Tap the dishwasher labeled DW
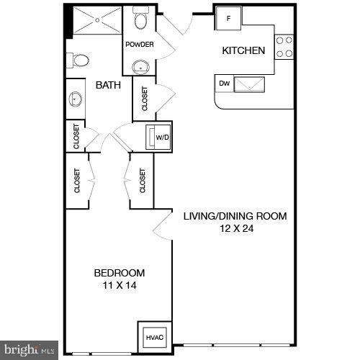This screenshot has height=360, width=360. click(225, 83)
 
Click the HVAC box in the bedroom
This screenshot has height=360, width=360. click(155, 336)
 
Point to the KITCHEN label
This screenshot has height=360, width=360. click(243, 51)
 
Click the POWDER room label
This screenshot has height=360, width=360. click(139, 45)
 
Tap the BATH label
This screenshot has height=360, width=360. click(109, 86)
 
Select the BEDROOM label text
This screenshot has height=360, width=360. click(120, 273)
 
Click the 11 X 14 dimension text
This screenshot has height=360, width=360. click(120, 286)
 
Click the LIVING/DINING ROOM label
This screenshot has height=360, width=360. click(235, 216)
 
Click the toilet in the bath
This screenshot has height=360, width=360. click(81, 60)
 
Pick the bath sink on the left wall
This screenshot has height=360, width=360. click(75, 98)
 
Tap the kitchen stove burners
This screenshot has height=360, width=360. click(285, 45)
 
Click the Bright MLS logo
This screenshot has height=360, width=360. click(29, 351)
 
